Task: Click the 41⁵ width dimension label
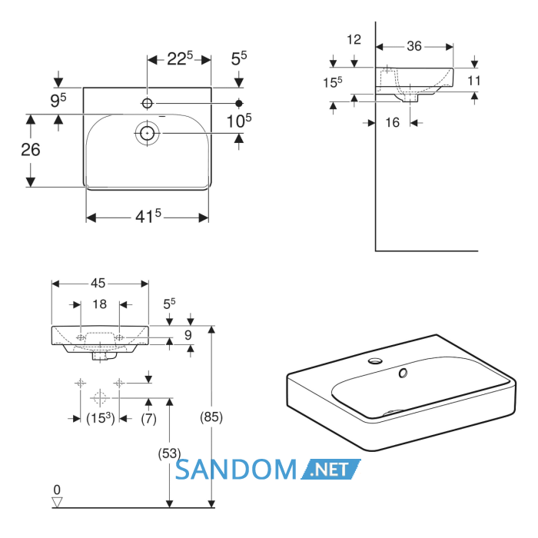pos(148,216)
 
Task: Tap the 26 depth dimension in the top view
pos(31,150)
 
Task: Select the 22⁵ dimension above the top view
pos(180,58)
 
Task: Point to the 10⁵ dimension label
pos(239,121)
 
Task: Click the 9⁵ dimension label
pos(58,101)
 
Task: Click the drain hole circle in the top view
pos(148,133)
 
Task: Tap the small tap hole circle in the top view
pos(148,103)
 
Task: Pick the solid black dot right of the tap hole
pos(239,103)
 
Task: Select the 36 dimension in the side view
pos(414,46)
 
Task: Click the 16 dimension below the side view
pos(393,122)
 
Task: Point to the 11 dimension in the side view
pos(474,81)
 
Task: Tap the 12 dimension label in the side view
pos(354,40)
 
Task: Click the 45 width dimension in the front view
pos(98,284)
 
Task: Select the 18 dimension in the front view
pos(99,304)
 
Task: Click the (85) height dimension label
pos(211,417)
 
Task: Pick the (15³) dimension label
pos(100,418)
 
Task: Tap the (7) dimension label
pos(148,419)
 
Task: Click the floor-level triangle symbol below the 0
pos(57,503)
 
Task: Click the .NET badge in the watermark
pos(330,470)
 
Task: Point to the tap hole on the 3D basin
pos(375,360)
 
